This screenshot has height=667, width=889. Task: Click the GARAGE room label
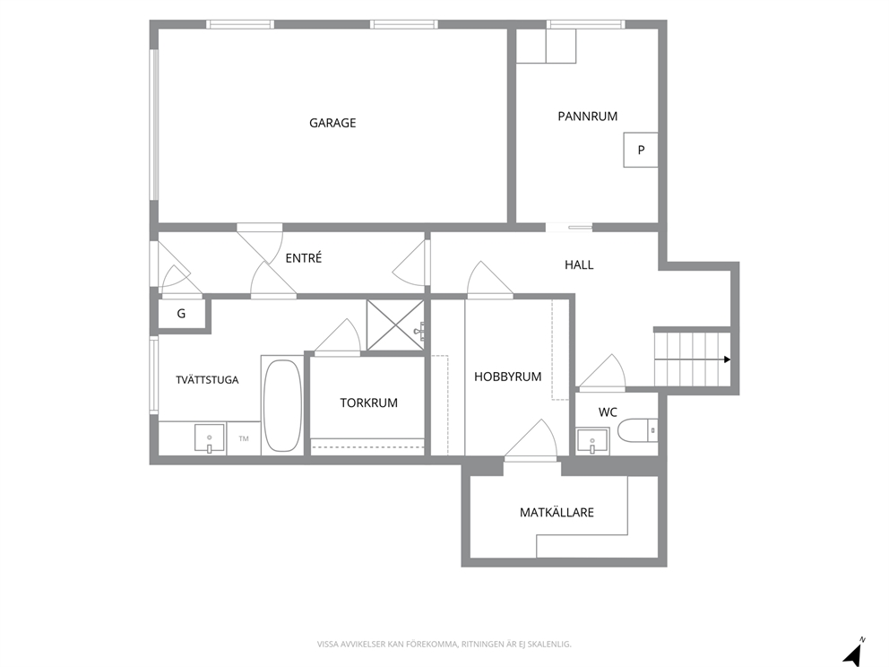click(x=332, y=123)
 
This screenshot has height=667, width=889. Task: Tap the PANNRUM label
click(x=587, y=117)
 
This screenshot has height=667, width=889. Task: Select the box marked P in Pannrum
click(x=641, y=150)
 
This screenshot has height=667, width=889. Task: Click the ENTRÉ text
click(x=303, y=258)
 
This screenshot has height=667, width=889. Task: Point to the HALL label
click(x=579, y=264)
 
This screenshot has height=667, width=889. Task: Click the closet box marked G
click(x=181, y=314)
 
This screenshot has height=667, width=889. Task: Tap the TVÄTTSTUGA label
click(x=207, y=380)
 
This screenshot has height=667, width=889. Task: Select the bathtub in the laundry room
click(x=282, y=405)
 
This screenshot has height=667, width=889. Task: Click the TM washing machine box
click(x=243, y=438)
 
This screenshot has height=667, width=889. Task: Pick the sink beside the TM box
click(x=209, y=439)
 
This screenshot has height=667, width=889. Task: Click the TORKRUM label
click(x=368, y=403)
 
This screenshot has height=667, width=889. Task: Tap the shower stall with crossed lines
click(x=395, y=325)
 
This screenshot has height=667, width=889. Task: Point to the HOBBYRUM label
click(x=507, y=377)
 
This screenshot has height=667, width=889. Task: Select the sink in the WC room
click(x=592, y=442)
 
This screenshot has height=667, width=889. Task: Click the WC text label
click(x=608, y=412)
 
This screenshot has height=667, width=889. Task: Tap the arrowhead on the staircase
click(x=728, y=359)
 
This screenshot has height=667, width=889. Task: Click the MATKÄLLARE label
click(x=557, y=513)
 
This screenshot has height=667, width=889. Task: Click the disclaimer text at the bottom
click(x=444, y=645)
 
